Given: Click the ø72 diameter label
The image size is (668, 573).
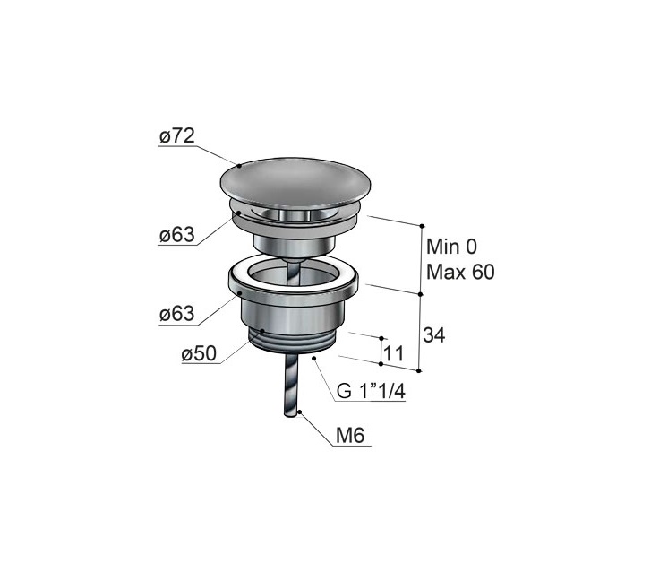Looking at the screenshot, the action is pos(177,136).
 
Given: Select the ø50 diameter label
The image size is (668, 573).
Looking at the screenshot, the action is pos(199,353).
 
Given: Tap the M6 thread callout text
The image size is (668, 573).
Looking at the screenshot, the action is pos(350,436).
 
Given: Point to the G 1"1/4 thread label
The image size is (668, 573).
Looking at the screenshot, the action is pos(371,391).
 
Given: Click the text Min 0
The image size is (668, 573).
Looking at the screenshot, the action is pos(452,247).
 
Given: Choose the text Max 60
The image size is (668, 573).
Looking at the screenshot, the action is pos(460,272).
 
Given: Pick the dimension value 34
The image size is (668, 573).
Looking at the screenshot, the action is pos(434,335).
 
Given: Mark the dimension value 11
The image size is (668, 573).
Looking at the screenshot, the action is pos(394,353).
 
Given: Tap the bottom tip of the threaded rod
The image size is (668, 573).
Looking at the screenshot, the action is pos(291,415).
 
